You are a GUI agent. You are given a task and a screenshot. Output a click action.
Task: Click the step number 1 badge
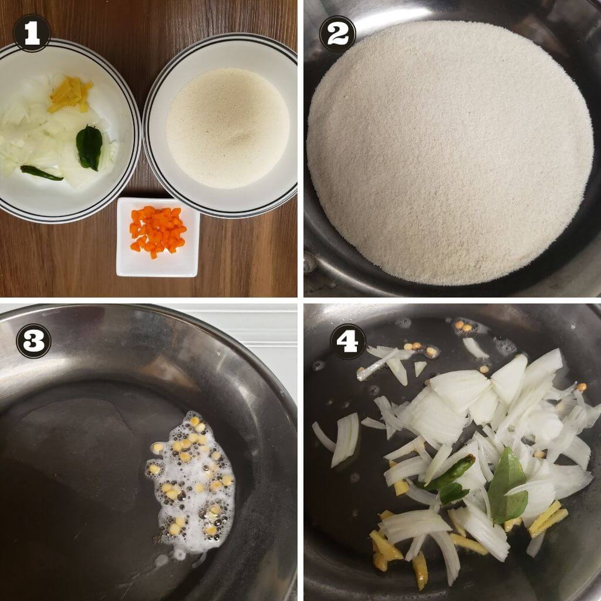click(x=32, y=33)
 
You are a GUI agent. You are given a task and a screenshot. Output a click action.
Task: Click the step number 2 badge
click(x=337, y=33)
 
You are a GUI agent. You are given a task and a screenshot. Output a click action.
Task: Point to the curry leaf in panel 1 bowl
click(x=89, y=147)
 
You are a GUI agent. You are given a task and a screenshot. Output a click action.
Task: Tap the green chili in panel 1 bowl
click(x=41, y=173)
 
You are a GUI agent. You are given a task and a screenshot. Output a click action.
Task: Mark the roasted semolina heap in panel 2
click(x=449, y=153)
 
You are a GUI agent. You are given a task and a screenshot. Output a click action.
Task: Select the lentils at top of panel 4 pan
click(x=464, y=326)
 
